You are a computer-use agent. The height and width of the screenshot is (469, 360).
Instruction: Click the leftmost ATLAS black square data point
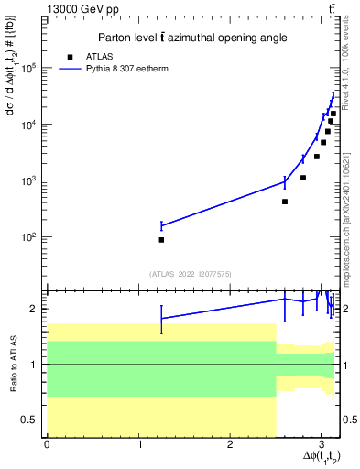coord(161,240)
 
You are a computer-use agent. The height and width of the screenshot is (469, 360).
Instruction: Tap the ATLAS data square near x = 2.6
coord(285,202)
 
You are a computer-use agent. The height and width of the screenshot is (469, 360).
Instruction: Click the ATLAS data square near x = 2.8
coord(303,178)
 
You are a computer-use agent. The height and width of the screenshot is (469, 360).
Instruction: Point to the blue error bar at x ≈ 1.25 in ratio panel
coord(161,319)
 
